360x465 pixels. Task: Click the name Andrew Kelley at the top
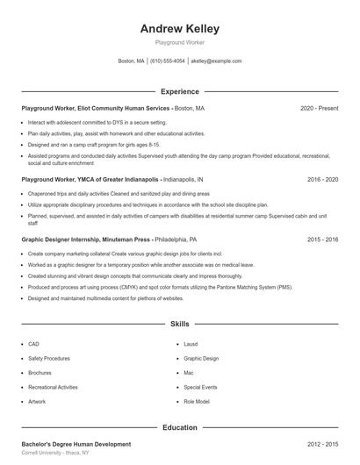click(x=179, y=28)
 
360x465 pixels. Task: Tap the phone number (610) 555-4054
click(x=168, y=61)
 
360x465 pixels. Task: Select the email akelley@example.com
click(x=215, y=61)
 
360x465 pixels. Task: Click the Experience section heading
click(x=179, y=91)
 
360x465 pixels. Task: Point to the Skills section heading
click(x=179, y=325)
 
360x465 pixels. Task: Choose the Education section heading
click(x=179, y=427)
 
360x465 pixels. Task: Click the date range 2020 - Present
click(x=319, y=108)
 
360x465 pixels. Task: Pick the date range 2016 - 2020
click(x=322, y=178)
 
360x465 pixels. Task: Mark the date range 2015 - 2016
click(x=322, y=239)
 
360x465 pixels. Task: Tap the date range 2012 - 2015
click(x=322, y=444)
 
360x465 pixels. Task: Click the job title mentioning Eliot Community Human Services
click(x=96, y=108)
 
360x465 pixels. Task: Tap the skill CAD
click(x=33, y=345)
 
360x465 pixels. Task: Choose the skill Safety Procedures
click(x=48, y=359)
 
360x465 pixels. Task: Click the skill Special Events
click(x=200, y=387)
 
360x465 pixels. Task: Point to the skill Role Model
click(x=197, y=401)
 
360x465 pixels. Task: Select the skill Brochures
click(x=40, y=373)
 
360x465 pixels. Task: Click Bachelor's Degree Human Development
click(x=76, y=444)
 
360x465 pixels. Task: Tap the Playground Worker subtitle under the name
click(x=179, y=41)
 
